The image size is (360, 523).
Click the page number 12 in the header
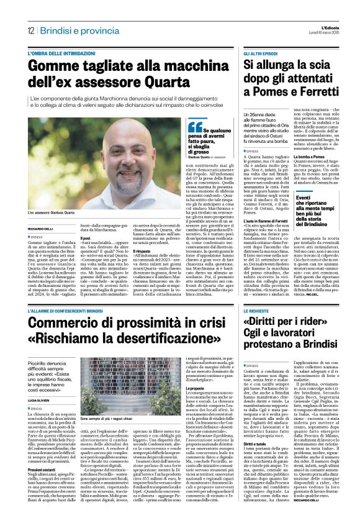click(x=30, y=31)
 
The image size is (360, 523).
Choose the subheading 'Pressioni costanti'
click(x=45, y=484)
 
